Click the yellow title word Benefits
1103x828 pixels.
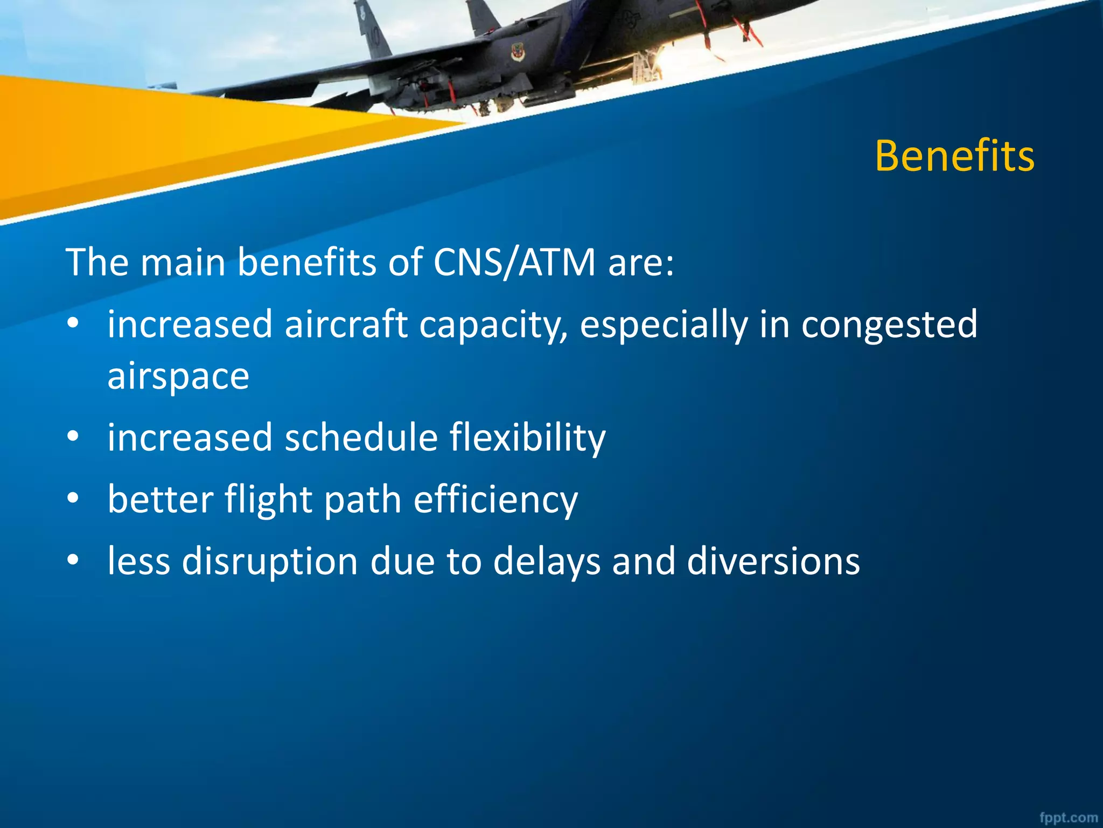[954, 156]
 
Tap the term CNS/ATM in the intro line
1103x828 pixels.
[514, 263]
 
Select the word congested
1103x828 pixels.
[889, 325]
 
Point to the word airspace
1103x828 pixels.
[178, 376]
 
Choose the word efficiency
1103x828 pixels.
[495, 500]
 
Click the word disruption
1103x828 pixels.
[270, 562]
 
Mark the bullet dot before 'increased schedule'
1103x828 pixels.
[73, 436]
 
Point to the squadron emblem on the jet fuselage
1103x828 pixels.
[517, 52]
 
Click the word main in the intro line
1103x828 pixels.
[183, 263]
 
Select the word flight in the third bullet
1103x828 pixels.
[268, 500]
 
